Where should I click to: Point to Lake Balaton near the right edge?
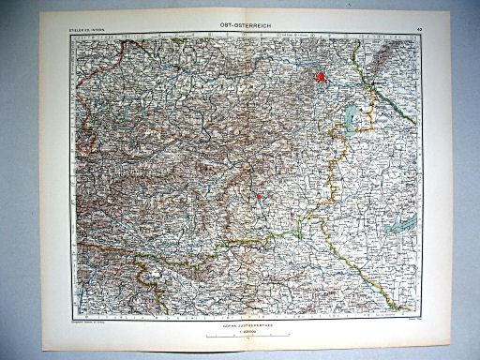pos(404,224)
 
